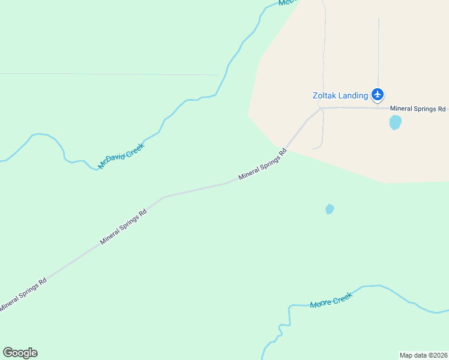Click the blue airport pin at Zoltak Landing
coord(378,94)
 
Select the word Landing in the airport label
coord(353,95)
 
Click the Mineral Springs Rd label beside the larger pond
coord(418,109)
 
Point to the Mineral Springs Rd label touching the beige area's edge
coord(263,164)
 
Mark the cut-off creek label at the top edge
coord(288,3)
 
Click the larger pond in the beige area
coord(395,122)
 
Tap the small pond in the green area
coord(329,209)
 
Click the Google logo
coord(20,353)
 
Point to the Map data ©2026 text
coord(423,355)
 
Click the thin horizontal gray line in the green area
coord(108,74)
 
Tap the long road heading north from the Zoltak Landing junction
coord(324,54)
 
